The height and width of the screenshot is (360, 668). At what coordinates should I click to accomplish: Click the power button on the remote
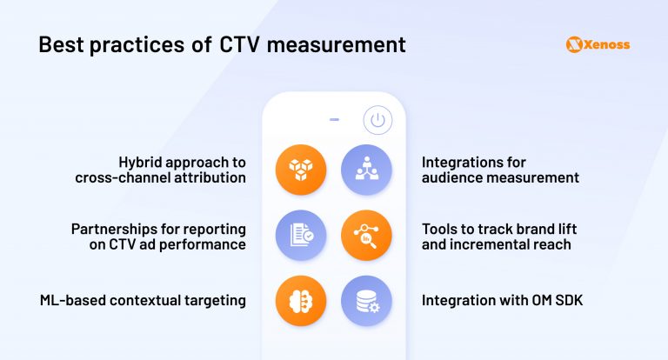[x=377, y=121]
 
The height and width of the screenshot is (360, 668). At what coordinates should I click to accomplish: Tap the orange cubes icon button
[x=300, y=170]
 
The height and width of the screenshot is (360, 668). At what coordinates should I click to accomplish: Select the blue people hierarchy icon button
[x=366, y=170]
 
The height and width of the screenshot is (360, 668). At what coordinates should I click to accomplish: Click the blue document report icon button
[x=300, y=236]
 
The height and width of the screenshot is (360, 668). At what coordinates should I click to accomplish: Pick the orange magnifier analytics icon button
[x=366, y=236]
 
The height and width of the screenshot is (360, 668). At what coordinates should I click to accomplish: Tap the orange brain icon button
[x=300, y=301]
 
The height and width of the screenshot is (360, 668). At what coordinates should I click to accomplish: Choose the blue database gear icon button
[x=366, y=301]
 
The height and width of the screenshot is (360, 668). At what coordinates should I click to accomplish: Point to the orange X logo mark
[x=573, y=43]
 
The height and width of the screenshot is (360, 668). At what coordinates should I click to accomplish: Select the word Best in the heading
[x=63, y=43]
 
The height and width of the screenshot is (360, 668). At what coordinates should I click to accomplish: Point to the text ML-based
[x=73, y=301]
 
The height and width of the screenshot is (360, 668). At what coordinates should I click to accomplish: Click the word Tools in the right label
[x=441, y=229]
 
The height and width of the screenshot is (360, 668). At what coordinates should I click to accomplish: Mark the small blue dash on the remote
[x=334, y=120]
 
